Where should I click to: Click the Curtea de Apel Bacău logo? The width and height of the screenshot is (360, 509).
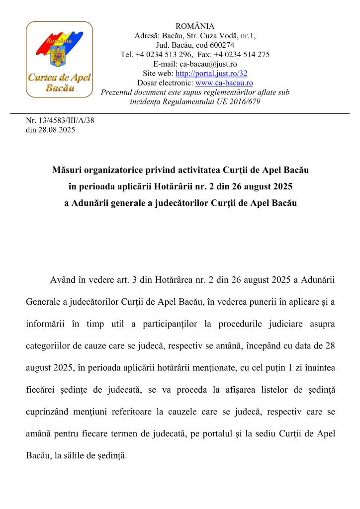[59, 59]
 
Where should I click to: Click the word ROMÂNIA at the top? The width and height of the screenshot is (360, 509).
[195, 26]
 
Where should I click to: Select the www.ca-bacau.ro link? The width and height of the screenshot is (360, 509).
[224, 83]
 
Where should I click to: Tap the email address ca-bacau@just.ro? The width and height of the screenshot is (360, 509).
[208, 64]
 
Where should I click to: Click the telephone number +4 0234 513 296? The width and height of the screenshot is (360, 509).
[167, 55]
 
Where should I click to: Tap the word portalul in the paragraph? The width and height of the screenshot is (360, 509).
[233, 433]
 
